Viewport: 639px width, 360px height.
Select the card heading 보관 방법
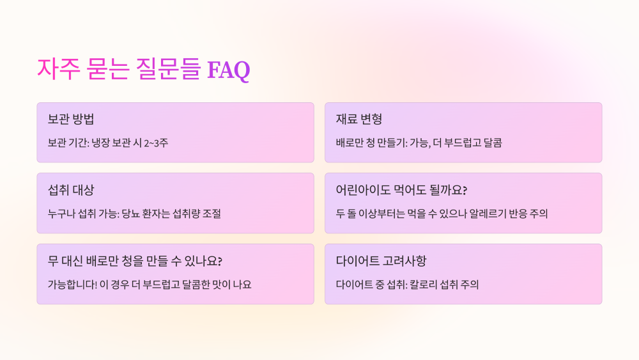pyautogui.click(x=71, y=120)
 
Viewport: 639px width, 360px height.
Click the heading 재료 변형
pyautogui.click(x=359, y=120)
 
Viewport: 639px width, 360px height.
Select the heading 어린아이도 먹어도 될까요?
pyautogui.click(x=402, y=190)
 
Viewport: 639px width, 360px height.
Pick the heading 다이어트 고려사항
pyautogui.click(x=381, y=261)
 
